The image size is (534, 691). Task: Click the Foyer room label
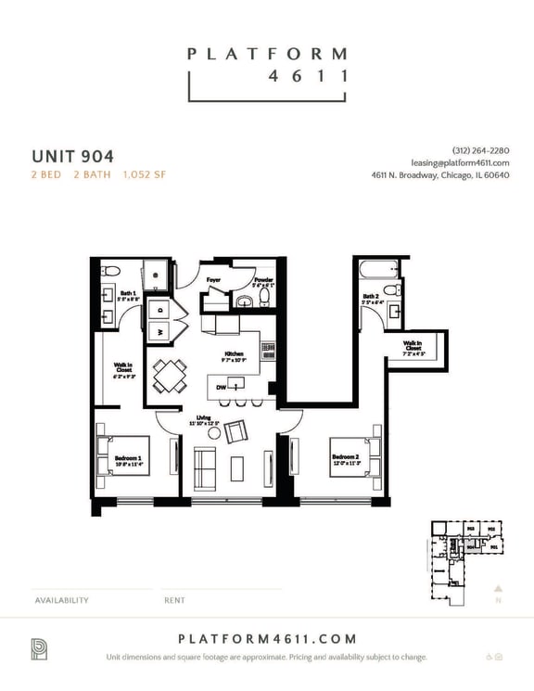click(x=213, y=278)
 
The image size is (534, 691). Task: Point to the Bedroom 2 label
click(x=345, y=457)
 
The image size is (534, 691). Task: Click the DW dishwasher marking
click(x=221, y=387)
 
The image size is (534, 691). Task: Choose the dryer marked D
click(x=159, y=310)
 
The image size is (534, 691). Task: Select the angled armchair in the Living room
click(x=235, y=431)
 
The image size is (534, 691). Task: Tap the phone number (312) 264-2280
click(x=480, y=150)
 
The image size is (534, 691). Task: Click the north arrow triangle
click(x=498, y=587)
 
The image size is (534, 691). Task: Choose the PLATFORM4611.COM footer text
click(x=266, y=639)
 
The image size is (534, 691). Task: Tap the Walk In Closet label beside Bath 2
click(x=413, y=349)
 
